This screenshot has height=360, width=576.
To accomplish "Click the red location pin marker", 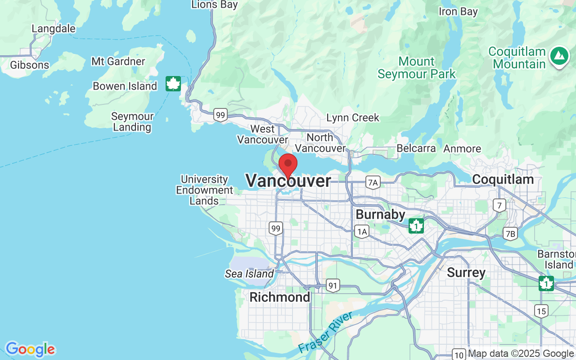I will tap(288, 165).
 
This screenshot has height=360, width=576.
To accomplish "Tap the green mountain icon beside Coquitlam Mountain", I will tap(558, 56).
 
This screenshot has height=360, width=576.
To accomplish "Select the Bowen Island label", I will tap(125, 86).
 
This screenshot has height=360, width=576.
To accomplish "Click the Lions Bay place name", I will tap(215, 5).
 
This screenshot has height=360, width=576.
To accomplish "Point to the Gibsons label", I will tap(30, 65).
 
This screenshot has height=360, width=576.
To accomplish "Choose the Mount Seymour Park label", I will tap(417, 67).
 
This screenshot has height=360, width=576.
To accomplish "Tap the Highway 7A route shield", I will tap(373, 182).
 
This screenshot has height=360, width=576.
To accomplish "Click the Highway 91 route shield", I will tap(333, 285).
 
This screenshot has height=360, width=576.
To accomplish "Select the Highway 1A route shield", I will tap(361, 232).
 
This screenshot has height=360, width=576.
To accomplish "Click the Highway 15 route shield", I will tap(541, 310).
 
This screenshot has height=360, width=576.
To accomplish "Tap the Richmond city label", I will tap(279, 297).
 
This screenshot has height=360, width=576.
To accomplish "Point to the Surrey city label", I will tap(466, 273).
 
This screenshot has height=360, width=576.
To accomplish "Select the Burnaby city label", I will tap(380, 214).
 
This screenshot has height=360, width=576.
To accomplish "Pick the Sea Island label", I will tap(249, 274).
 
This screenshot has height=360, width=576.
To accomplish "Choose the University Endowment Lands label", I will tap(204, 190).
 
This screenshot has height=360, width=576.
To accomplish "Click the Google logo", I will tap(30, 349).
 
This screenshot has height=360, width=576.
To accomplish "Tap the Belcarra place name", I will tap(416, 148).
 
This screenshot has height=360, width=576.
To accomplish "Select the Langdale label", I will tap(54, 29).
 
